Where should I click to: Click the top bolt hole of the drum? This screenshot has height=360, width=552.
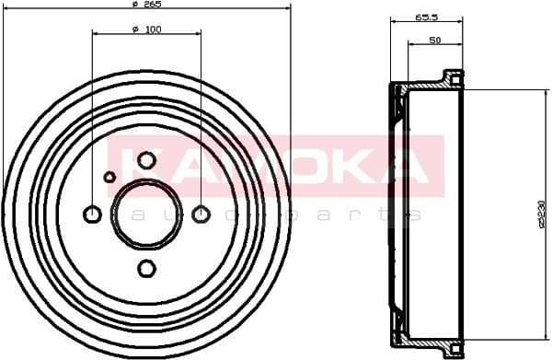pos(146,160)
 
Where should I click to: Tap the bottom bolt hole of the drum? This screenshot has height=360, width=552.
pos(146,269)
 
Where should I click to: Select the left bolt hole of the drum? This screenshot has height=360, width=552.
pos(92,215)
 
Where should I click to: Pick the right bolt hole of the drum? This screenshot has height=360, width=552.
pos(201,215)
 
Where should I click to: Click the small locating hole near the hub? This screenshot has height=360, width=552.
pos(109,177)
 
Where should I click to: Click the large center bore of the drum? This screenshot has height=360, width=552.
pos(146,215)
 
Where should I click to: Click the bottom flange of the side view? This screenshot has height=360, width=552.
pos(450,350)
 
